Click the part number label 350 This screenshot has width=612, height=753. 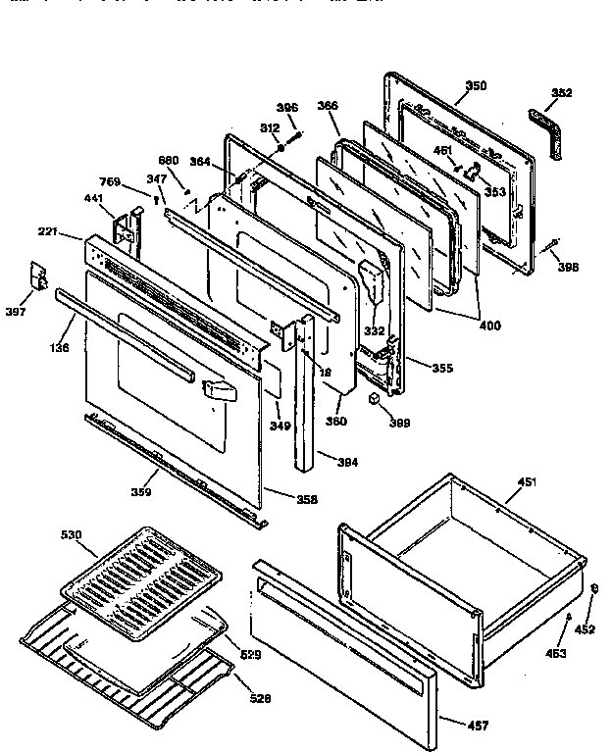coord(475,86)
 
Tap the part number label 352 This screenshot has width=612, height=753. coord(562,93)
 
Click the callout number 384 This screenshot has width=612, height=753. coord(347,461)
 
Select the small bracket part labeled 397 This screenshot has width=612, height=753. coord(40,276)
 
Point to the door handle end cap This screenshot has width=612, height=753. coord(218,391)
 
